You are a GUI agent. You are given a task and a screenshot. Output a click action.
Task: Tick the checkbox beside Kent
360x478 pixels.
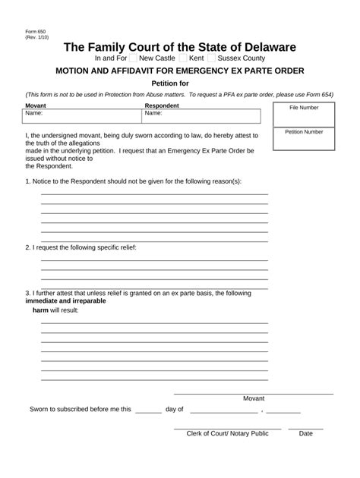182,58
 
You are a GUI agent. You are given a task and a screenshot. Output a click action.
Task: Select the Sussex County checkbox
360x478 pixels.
211,58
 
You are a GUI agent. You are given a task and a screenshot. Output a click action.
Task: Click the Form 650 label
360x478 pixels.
33,31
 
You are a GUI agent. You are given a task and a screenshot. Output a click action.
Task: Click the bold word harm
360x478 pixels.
40,310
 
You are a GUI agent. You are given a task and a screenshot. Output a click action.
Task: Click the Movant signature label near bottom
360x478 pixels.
254,398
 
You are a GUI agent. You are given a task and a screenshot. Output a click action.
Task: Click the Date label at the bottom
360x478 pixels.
305,434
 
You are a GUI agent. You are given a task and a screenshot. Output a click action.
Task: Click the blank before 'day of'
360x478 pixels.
148,410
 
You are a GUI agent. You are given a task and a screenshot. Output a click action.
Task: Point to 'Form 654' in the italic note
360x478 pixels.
319,95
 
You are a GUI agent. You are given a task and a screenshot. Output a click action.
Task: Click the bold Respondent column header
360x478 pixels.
162,105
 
